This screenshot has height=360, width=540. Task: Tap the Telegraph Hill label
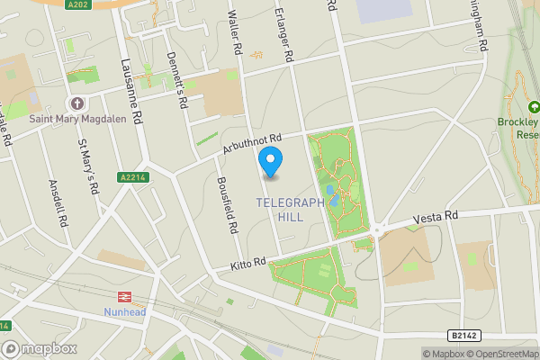(290, 210)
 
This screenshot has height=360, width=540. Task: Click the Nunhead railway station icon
(121, 297)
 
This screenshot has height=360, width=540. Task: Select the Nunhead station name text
(121, 312)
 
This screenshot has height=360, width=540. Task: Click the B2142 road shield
(461, 335)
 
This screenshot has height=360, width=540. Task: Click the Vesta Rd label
(436, 218)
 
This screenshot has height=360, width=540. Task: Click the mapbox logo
(40, 348)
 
